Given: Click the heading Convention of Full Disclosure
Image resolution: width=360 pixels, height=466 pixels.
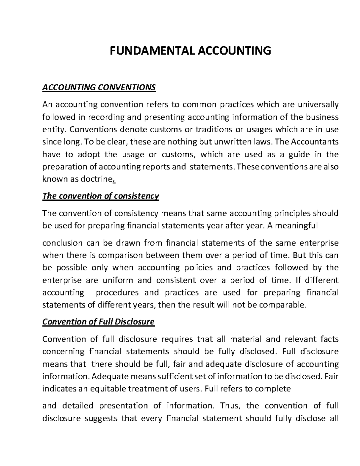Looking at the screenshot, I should (98, 322).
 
